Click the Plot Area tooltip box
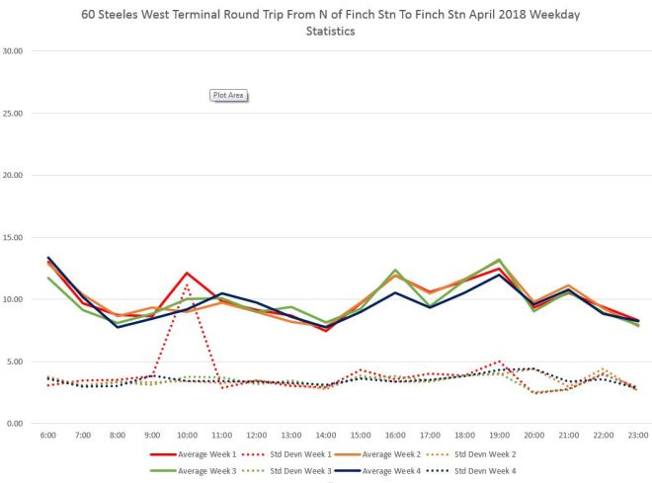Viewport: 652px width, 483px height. [228, 96]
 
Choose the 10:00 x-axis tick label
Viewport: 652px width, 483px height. [187, 436]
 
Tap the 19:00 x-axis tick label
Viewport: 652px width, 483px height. [499, 436]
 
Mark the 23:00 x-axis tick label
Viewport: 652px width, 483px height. [637, 436]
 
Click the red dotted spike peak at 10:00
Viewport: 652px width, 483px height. [187, 285]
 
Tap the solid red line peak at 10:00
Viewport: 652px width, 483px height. [187, 273]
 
